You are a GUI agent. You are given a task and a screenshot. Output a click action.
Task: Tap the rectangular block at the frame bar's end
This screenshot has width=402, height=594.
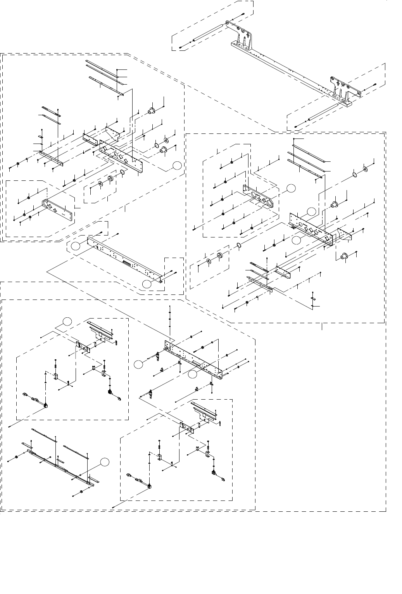(x=346, y=103)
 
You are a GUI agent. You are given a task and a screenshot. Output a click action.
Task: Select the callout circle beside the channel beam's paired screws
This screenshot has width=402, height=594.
(x=146, y=284)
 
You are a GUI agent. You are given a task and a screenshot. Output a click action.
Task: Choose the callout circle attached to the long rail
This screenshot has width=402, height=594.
(x=104, y=461)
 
